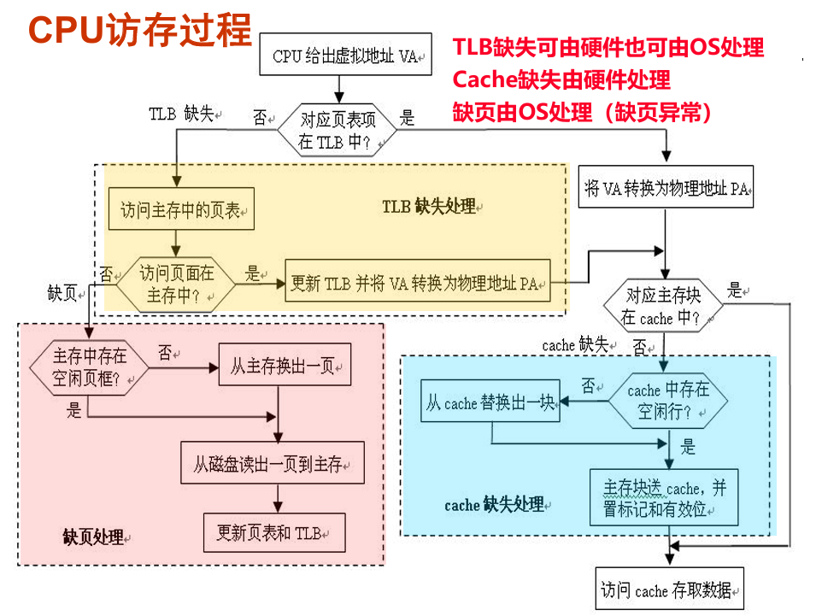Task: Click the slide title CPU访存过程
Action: pos(140,31)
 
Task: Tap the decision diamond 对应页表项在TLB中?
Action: pos(338,131)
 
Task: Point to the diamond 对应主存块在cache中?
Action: pos(663,307)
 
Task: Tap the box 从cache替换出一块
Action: pos(491,402)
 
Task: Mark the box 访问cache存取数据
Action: pos(669,590)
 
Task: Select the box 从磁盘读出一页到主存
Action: pos(272,464)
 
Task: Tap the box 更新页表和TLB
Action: pos(273,533)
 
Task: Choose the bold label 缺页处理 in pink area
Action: pos(93,537)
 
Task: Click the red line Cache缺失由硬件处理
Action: pos(561,80)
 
